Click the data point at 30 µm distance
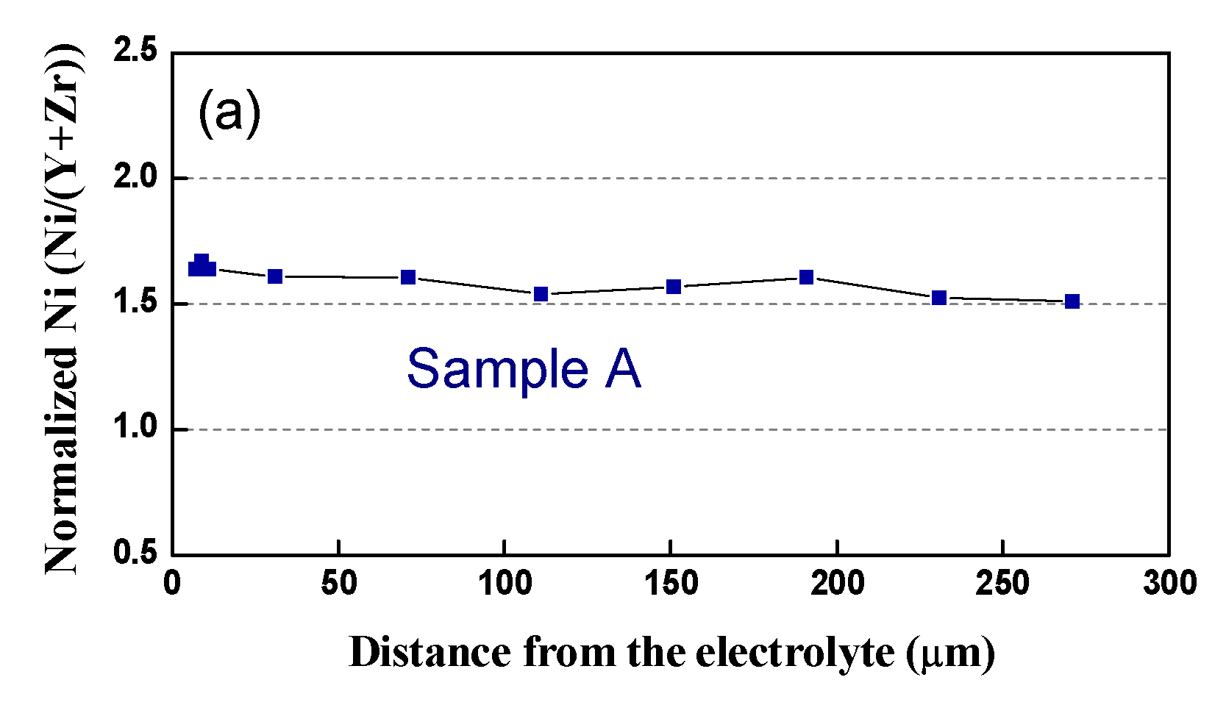click(275, 276)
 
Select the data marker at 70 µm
click(408, 277)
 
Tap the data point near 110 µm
click(541, 294)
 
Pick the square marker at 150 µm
click(674, 287)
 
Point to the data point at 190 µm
click(806, 277)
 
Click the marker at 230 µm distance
click(939, 298)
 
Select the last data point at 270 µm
click(1072, 301)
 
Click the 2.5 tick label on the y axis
click(136, 51)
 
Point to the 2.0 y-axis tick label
click(136, 177)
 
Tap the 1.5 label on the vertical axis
click(136, 303)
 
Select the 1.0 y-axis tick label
click(136, 429)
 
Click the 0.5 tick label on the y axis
click(136, 554)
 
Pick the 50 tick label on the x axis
click(338, 584)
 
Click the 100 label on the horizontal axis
click(505, 584)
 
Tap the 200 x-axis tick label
click(837, 584)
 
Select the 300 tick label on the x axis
click(1169, 584)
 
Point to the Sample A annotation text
click(524, 369)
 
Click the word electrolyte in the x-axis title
click(794, 653)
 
